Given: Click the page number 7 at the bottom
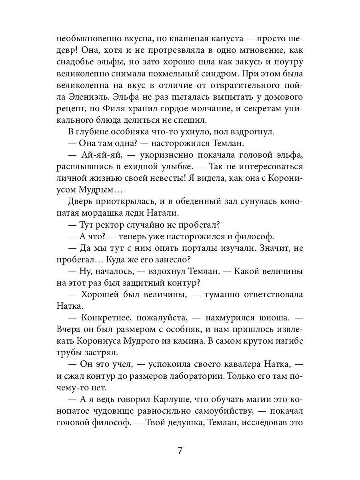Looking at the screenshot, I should click(x=180, y=450).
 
